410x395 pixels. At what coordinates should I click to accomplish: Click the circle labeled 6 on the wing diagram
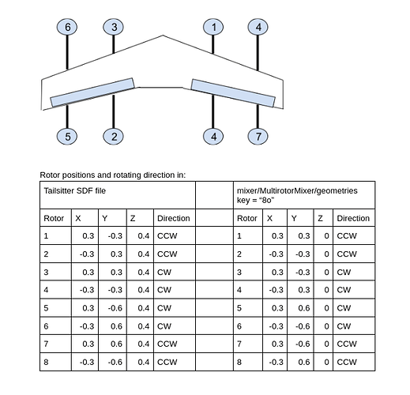pos(67,27)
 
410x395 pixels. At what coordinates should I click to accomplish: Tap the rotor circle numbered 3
pos(114,27)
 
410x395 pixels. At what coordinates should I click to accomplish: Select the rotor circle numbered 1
pos(213,27)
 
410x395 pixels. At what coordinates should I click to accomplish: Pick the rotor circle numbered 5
pos(67,137)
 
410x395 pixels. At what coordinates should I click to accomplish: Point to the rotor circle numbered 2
pos(114,137)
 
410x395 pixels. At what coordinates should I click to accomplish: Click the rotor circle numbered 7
pos(258,137)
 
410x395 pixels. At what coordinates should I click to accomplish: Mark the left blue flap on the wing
pos(92,92)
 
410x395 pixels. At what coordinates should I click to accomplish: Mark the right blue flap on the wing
pos(233,92)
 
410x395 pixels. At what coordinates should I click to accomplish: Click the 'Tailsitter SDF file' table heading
pos(75,190)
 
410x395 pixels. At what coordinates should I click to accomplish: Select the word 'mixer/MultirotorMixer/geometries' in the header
pos(297,190)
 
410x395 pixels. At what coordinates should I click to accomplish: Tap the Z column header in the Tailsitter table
pos(133,218)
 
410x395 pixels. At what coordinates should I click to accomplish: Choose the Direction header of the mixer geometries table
pos(353,218)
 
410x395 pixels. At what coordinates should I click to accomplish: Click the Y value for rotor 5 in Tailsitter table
pos(115,308)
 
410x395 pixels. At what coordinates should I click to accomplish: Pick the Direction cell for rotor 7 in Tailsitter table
pos(167,344)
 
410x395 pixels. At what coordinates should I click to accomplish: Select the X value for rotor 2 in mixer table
pos(276,254)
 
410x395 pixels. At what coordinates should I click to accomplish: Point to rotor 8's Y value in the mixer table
pos(304,362)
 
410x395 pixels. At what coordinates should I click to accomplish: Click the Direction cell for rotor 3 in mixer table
pos(344,272)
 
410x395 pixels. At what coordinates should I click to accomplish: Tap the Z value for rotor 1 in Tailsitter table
pos(144,235)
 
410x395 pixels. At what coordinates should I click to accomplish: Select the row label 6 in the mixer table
pos(239,326)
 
